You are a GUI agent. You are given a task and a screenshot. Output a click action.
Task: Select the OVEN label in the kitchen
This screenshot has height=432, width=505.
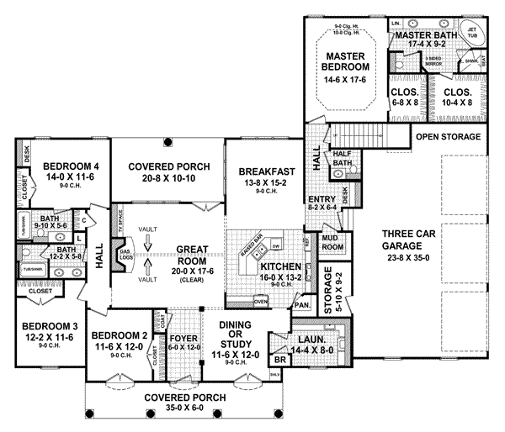click(261, 300)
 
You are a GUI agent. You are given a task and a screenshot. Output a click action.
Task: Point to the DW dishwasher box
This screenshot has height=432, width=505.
click(276, 245)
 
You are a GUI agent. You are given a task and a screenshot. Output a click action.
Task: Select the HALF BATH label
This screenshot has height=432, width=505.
click(343, 157)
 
